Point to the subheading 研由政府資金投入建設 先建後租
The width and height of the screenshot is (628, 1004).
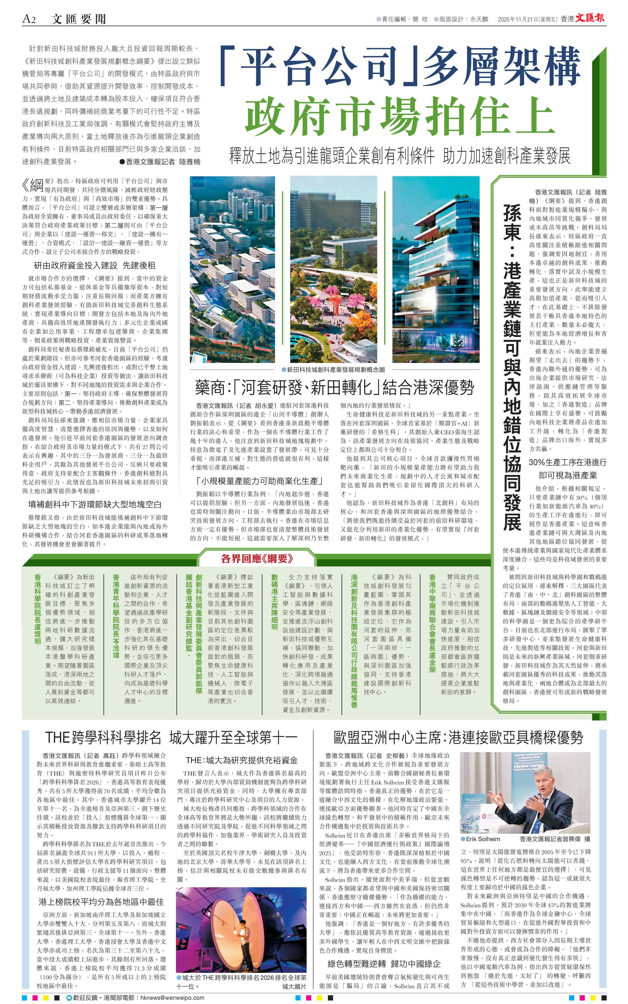coord(95,265)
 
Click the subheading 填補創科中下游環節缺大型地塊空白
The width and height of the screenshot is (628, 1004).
coord(95,504)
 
